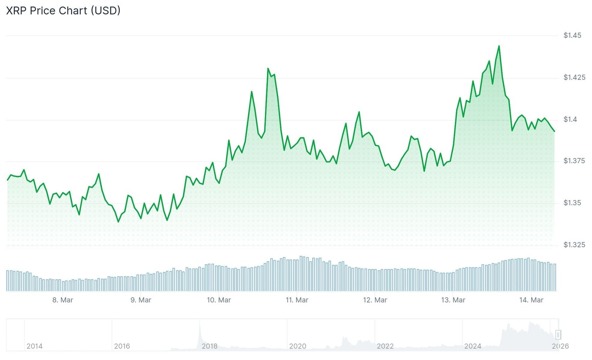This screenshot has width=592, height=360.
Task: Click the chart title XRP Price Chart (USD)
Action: coord(63,11)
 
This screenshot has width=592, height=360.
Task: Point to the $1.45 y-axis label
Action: coord(572,36)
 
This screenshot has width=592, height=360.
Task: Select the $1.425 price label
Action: coord(574,77)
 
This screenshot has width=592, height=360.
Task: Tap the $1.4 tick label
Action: coord(570,119)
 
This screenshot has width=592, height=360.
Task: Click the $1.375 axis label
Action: coord(574,161)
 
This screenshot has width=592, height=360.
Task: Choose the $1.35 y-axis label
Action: coord(572,203)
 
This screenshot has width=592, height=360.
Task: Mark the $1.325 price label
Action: coord(574,245)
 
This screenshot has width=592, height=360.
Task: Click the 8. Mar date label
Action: coord(63,300)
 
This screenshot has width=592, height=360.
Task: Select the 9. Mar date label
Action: coord(141,300)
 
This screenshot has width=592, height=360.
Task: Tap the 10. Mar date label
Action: coord(219,300)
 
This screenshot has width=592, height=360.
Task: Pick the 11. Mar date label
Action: coord(297,300)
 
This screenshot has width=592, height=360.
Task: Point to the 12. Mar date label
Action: coord(375,300)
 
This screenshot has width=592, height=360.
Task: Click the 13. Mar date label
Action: coord(453,300)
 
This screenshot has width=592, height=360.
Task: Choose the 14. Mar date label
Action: coord(531,300)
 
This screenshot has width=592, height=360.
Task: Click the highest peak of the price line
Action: coord(499,46)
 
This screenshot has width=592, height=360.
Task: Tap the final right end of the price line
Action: coord(554,131)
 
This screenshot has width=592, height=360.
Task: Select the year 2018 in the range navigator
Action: coord(209,346)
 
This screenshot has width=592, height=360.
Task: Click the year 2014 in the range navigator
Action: coord(34,346)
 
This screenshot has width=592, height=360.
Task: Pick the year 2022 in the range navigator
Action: coord(385,346)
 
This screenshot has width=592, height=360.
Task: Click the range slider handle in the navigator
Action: coord(558,335)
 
